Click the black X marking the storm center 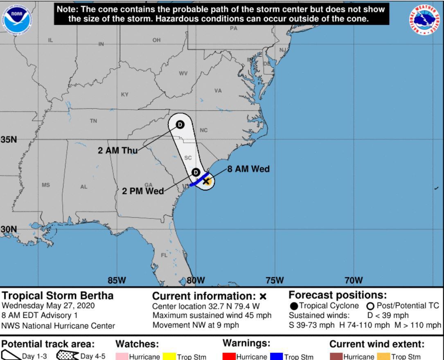[206, 181]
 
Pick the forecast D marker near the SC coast [196, 172]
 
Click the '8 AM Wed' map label [248, 169]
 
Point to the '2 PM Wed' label [143, 191]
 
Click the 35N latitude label [9, 139]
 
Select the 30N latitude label [9, 229]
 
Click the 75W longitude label [275, 280]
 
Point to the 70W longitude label [353, 280]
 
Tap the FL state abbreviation [164, 255]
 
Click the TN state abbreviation [93, 121]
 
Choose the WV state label [183, 74]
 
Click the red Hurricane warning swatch [229, 357]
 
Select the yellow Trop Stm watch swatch [169, 357]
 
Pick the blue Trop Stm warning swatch [276, 357]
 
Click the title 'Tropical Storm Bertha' [58, 295]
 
